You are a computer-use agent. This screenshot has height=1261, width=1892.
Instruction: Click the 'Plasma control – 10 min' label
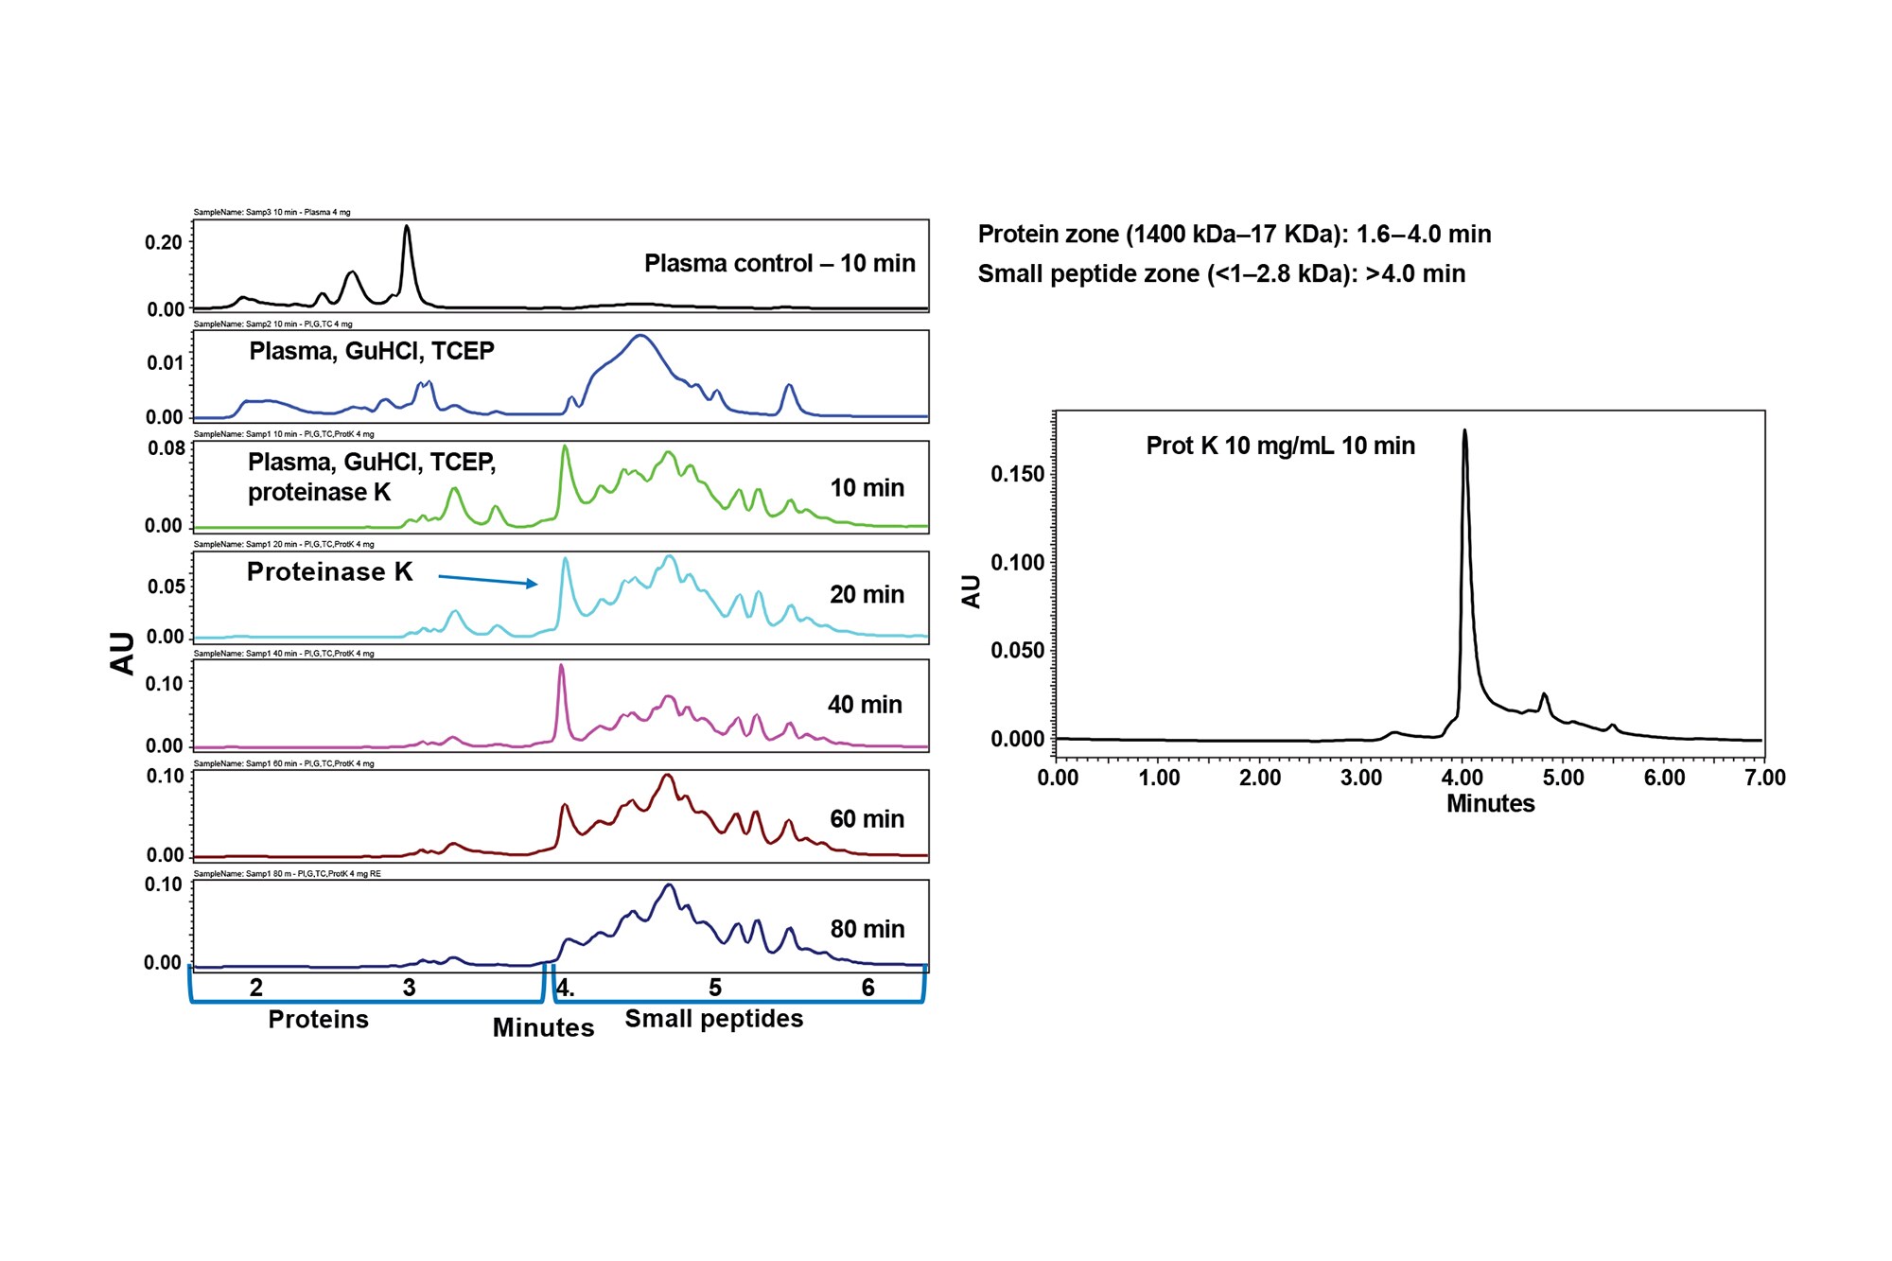click(780, 263)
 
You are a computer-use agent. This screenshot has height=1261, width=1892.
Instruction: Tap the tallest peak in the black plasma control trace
click(407, 228)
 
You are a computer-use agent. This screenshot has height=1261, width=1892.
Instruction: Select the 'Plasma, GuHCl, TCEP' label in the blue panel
click(372, 351)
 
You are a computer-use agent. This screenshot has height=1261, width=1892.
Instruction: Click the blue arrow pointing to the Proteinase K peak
click(488, 580)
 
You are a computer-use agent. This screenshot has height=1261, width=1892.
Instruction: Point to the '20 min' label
click(867, 594)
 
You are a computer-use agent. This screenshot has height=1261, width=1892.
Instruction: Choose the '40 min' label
click(865, 705)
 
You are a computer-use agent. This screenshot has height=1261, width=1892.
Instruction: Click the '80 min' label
click(867, 929)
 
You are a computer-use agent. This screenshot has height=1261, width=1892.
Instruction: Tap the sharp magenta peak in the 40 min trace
click(561, 667)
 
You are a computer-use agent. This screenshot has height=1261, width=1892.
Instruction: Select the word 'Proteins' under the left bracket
click(318, 1019)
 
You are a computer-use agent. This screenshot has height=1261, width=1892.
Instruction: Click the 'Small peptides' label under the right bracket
click(713, 1018)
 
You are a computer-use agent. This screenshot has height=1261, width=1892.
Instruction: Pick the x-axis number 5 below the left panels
click(715, 988)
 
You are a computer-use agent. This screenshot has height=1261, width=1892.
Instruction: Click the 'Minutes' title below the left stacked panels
click(543, 1027)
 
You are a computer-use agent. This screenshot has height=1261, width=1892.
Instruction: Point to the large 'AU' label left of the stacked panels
click(122, 653)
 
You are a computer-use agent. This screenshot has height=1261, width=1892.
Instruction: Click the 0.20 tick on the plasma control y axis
click(164, 242)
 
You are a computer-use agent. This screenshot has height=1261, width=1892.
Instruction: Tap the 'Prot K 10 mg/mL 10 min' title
click(1280, 446)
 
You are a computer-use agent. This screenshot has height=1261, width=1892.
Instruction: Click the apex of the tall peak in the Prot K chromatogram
click(1464, 432)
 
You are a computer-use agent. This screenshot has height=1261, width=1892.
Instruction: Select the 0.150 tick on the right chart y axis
click(1017, 474)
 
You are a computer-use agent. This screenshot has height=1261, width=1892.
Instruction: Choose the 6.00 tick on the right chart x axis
click(1664, 778)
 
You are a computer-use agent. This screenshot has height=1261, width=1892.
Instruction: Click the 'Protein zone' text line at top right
click(1234, 234)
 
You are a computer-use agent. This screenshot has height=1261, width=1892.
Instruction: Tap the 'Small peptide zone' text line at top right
click(1220, 273)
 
